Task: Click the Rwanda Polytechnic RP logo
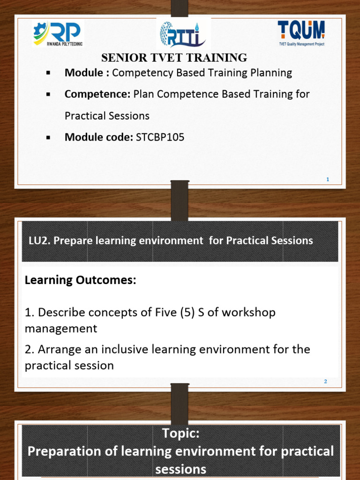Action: (58, 34)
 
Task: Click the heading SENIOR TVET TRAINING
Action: (174, 58)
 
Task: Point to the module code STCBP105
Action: (160, 137)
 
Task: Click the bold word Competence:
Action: (97, 94)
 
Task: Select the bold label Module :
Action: (87, 73)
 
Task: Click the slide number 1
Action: (328, 179)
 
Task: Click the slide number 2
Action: (325, 382)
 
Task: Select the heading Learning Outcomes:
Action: (80, 280)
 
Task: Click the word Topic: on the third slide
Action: (180, 434)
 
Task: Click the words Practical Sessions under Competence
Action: (107, 115)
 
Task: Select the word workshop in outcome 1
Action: (249, 312)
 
